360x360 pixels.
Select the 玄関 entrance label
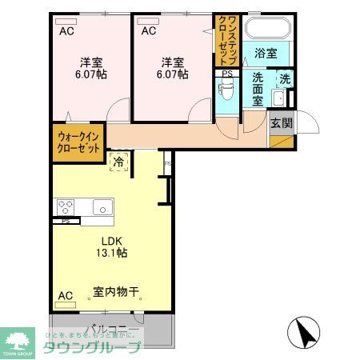[280, 123]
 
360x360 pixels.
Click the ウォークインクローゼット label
[78, 143]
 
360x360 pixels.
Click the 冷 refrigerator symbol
[118, 162]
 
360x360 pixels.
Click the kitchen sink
[102, 208]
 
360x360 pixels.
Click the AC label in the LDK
[65, 296]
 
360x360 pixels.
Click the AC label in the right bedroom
[148, 31]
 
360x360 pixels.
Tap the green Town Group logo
[17, 340]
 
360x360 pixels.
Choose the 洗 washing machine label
[284, 79]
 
